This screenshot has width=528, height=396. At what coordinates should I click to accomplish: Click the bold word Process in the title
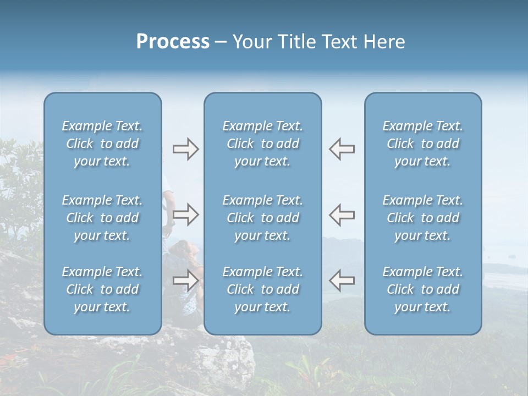pos(173,42)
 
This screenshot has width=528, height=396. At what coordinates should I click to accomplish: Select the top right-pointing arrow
pos(185,149)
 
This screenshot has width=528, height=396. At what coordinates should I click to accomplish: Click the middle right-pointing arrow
pos(185,215)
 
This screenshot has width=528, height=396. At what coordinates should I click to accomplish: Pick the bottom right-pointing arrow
pos(185,280)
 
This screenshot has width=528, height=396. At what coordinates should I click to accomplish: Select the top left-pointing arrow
pos(342,149)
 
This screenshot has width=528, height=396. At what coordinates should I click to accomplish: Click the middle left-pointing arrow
pos(342,215)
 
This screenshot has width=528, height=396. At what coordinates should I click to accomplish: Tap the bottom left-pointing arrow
pos(342,280)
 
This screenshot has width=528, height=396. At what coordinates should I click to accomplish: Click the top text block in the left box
pos(102,144)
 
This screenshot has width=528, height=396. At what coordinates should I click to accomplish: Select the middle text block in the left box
pos(102,218)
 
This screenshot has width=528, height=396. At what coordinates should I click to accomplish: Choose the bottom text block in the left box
pos(102,289)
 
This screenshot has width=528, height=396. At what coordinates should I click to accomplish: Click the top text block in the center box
pos(262,144)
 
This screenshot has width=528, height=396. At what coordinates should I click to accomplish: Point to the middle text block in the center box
pos(262,218)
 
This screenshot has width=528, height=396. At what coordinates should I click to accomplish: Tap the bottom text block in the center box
pos(262,289)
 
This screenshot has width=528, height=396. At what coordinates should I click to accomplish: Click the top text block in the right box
pos(422,144)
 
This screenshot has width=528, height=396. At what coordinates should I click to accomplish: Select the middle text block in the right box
pos(422,218)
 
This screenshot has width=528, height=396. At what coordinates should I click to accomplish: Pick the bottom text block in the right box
pos(422,289)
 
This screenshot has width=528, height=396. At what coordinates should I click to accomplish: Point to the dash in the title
pos(221,42)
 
